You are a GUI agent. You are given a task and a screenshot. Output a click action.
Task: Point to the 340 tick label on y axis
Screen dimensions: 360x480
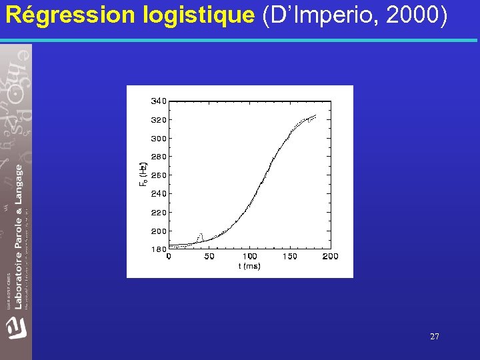(159, 101)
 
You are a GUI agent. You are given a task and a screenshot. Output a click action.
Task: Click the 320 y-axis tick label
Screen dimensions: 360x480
(159, 120)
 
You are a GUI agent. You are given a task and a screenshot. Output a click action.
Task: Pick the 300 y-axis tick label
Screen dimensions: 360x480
(159, 139)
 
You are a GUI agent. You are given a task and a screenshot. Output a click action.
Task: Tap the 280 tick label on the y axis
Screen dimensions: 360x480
(159, 157)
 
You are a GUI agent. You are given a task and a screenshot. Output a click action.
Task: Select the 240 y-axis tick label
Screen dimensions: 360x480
(159, 194)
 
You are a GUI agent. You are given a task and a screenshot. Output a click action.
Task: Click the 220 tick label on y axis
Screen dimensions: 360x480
(159, 213)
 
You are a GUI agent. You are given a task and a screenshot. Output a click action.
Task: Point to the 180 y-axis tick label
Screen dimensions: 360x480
(159, 249)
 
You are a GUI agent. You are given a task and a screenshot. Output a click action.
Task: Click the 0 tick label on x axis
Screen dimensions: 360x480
(169, 257)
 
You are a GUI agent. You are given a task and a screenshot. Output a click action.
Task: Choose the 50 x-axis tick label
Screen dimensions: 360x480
(209, 257)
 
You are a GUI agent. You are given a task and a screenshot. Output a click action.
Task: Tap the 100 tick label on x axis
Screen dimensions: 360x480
(249, 257)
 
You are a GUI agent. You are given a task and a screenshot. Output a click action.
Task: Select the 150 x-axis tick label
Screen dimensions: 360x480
(290, 257)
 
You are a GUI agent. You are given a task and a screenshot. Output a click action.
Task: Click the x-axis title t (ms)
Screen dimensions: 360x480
(249, 266)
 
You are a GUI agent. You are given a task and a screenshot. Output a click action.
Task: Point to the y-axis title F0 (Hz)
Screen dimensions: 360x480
(143, 174)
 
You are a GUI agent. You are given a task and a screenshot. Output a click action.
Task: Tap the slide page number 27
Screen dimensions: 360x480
(435, 337)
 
